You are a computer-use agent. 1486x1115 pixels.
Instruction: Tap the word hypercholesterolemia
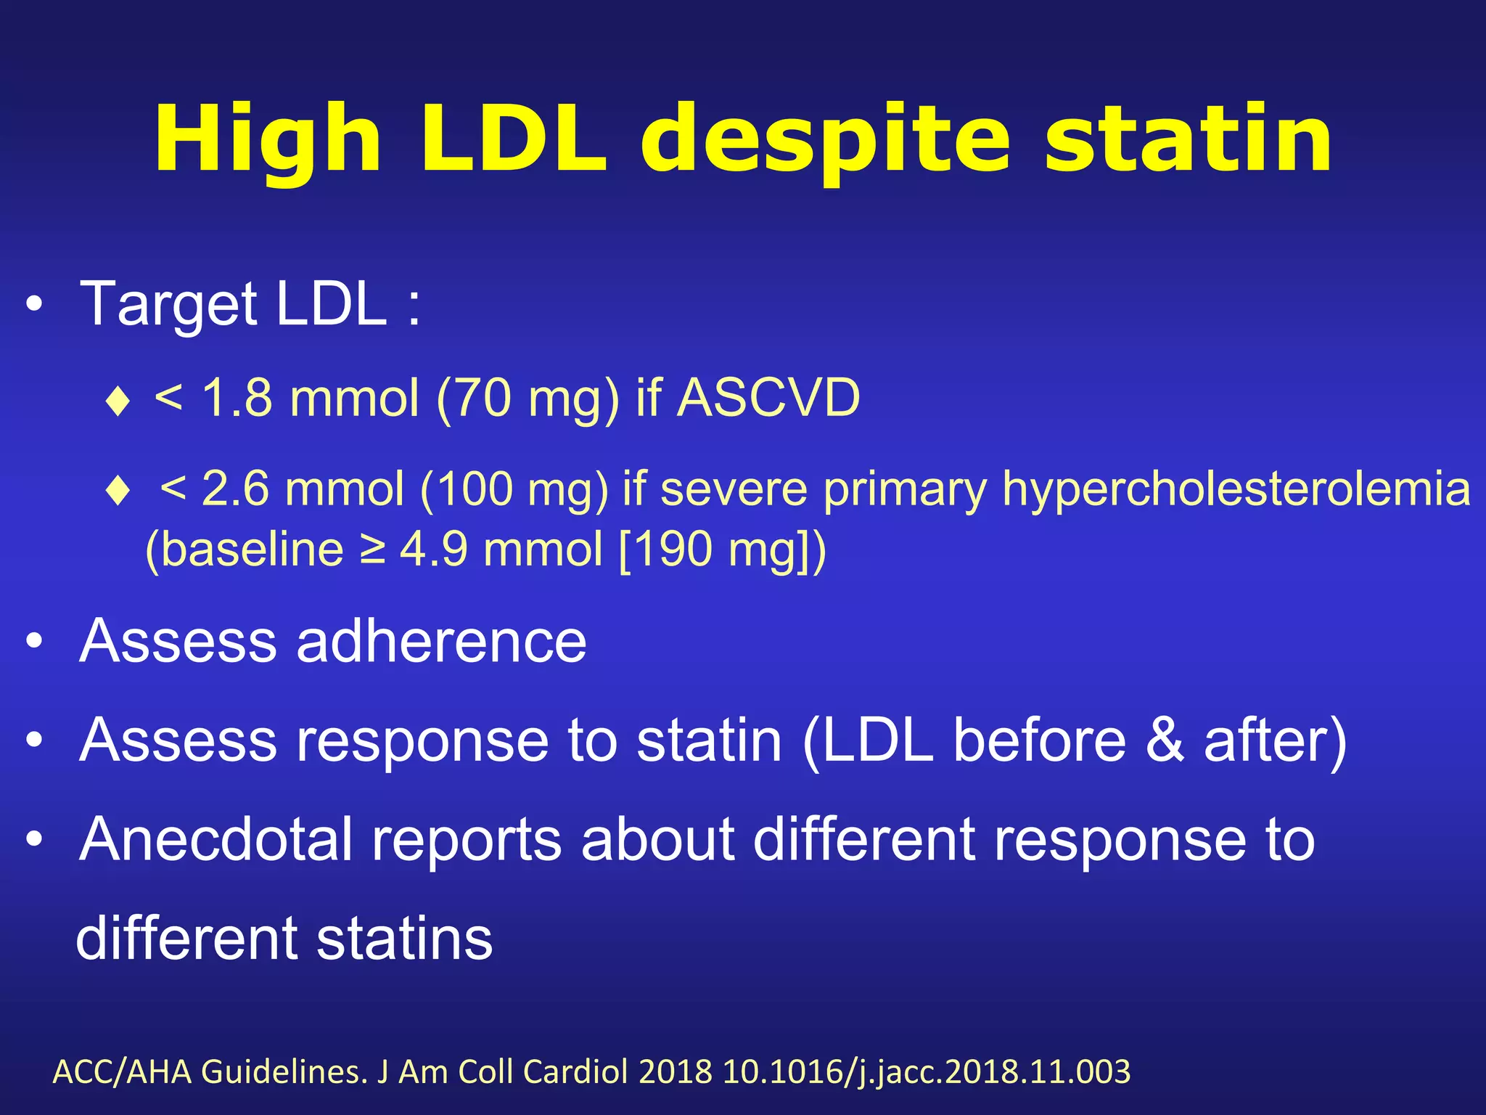[1236, 488]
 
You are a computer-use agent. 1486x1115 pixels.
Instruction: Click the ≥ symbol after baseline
[372, 549]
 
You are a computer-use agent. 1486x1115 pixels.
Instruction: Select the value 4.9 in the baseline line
[434, 549]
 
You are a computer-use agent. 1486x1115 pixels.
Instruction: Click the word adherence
[441, 641]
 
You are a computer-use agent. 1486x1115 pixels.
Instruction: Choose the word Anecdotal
[217, 840]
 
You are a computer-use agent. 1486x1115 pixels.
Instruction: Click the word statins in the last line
[404, 939]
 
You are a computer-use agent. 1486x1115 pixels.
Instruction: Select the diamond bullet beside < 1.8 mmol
[118, 401]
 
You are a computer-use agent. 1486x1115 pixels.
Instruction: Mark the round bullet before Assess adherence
[34, 642]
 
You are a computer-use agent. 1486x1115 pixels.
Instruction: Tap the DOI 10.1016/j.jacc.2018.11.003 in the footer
[927, 1072]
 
